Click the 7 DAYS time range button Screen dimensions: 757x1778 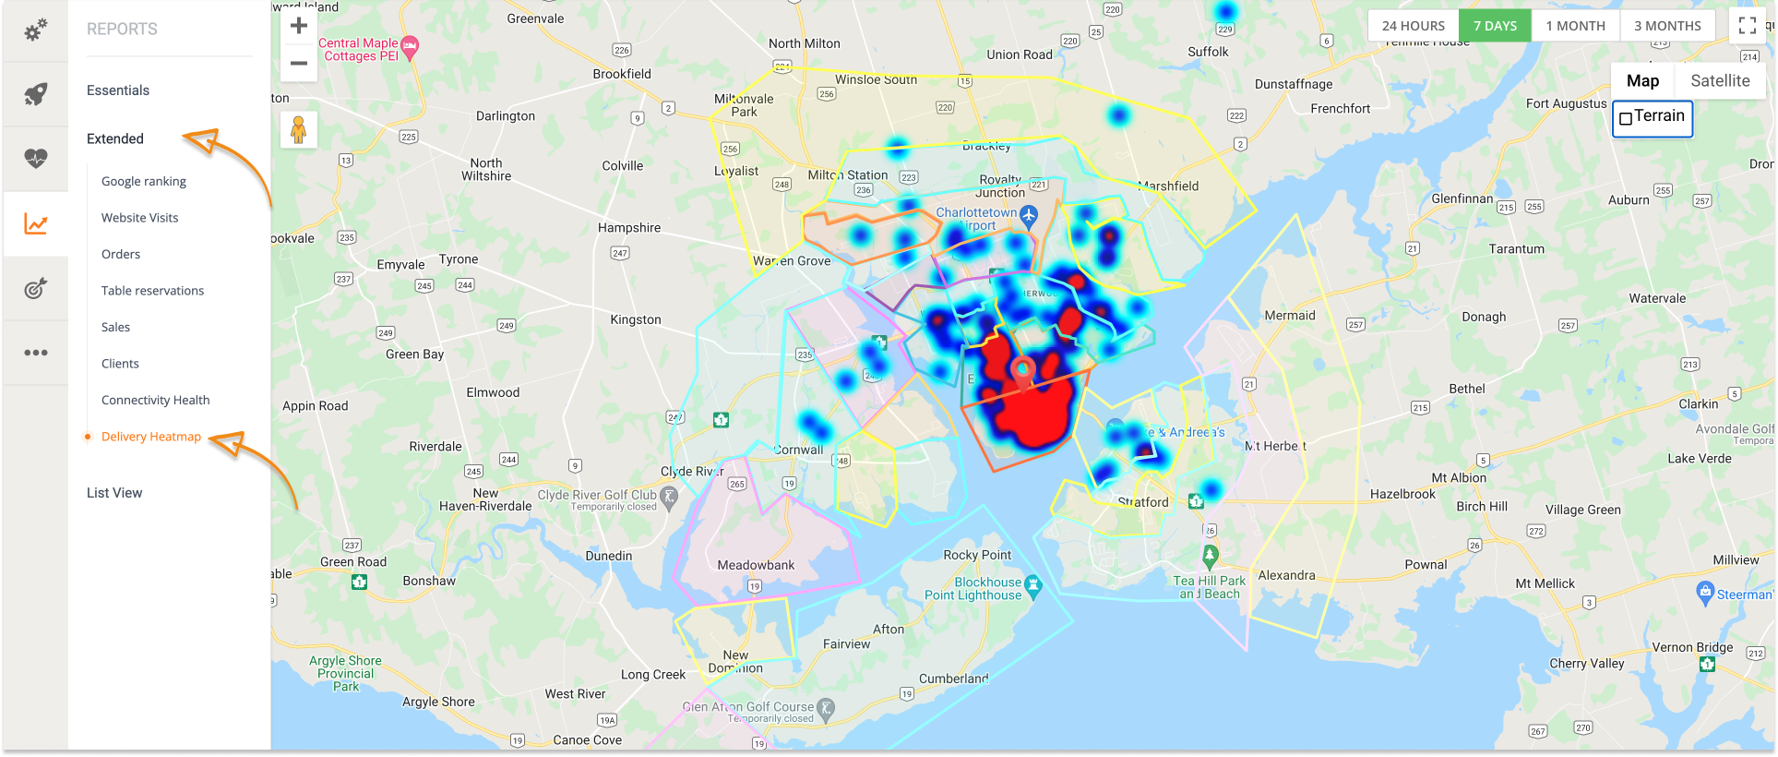click(x=1495, y=26)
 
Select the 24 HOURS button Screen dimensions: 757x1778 click(x=1413, y=26)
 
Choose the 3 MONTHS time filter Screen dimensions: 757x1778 click(x=1667, y=26)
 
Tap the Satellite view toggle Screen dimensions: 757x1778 click(x=1719, y=81)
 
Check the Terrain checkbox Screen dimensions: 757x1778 click(x=1626, y=118)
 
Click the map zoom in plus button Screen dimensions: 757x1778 click(x=298, y=26)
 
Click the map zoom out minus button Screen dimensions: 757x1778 click(x=298, y=63)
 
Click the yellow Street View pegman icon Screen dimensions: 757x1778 click(x=298, y=130)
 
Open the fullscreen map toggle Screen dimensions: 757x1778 click(x=1747, y=26)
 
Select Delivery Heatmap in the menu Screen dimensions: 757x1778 click(x=150, y=437)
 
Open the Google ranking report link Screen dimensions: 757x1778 click(x=143, y=181)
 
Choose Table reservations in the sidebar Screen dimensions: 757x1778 click(x=152, y=291)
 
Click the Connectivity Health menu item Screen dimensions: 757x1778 click(x=155, y=400)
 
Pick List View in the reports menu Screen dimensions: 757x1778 click(x=114, y=493)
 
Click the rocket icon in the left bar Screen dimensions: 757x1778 click(x=35, y=94)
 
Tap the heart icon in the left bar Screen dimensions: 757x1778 click(x=35, y=159)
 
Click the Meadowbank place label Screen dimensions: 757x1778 click(x=756, y=565)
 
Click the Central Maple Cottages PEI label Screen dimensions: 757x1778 click(x=360, y=49)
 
